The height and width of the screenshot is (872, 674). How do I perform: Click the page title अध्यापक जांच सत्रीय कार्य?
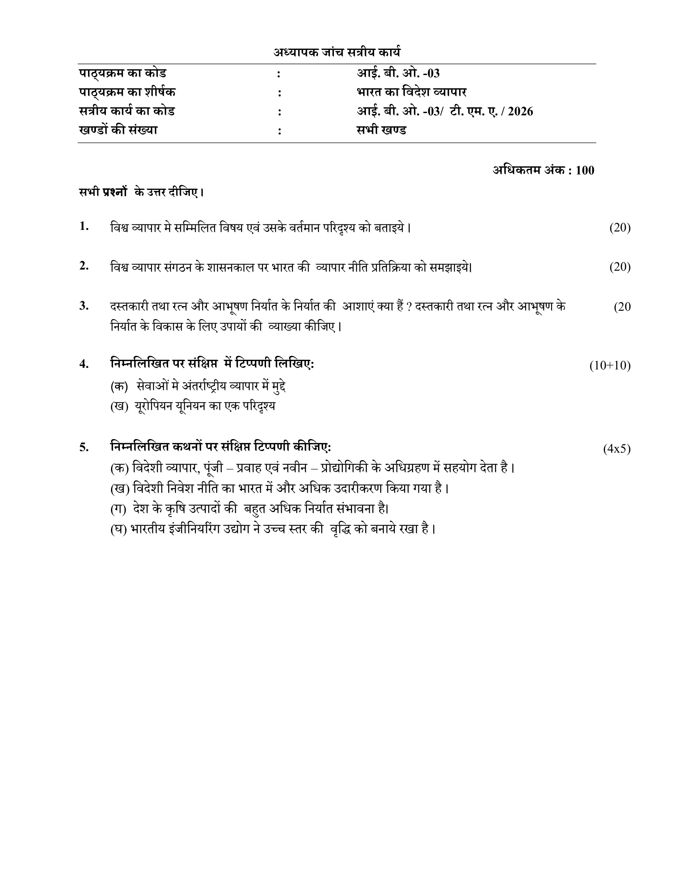(x=337, y=52)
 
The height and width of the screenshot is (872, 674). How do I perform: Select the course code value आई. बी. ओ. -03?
(x=398, y=73)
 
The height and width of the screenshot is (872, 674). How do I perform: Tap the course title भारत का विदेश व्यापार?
(x=411, y=92)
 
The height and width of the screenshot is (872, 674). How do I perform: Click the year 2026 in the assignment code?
(x=520, y=111)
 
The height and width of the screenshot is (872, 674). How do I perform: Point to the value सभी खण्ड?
(x=381, y=130)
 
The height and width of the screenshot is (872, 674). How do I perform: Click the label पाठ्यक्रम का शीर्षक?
(x=127, y=92)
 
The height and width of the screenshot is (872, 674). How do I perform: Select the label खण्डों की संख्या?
(x=118, y=130)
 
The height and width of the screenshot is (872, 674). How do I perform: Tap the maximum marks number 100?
(x=585, y=170)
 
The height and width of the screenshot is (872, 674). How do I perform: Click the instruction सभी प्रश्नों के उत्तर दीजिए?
(x=141, y=193)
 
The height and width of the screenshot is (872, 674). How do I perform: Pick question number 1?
(x=84, y=226)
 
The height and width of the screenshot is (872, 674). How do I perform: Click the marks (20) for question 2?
(x=620, y=267)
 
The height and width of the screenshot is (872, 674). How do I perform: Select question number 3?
(x=84, y=306)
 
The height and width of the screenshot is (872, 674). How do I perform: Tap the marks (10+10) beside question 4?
(x=610, y=365)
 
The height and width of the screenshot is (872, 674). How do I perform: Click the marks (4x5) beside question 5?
(x=617, y=449)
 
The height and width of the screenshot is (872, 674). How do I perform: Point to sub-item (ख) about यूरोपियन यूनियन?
(x=193, y=406)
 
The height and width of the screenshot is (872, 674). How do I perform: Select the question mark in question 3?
(x=409, y=307)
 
